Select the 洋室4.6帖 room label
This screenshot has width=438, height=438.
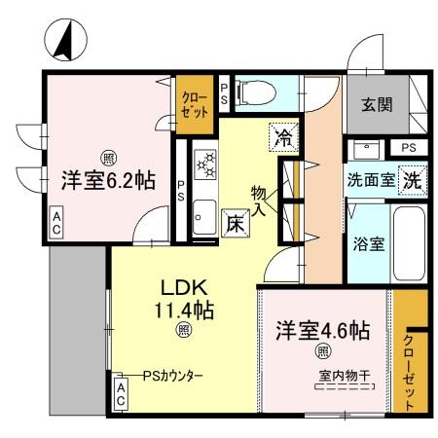(x=321, y=330)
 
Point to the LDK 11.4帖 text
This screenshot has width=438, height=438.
(x=182, y=301)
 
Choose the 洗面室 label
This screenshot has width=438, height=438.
(x=371, y=180)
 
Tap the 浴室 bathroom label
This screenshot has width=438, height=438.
(x=369, y=243)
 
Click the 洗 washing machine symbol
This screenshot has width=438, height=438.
(x=412, y=179)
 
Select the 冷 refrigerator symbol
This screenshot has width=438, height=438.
(x=282, y=137)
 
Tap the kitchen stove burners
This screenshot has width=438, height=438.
(x=206, y=163)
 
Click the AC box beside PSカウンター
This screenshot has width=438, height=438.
(x=122, y=394)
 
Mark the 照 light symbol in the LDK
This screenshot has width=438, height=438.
(x=183, y=330)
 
